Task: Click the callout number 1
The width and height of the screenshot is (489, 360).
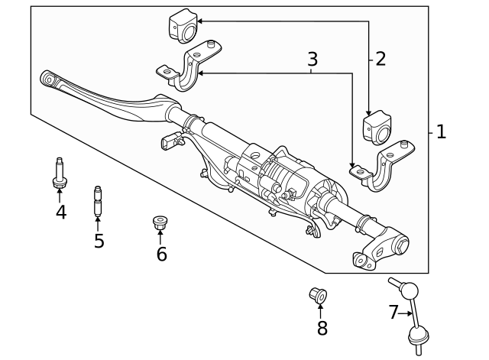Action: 441,131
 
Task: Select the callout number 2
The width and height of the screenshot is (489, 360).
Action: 381,58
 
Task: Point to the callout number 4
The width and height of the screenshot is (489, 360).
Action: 60,212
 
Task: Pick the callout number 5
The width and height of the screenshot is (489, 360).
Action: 99,241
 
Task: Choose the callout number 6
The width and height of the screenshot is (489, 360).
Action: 161,254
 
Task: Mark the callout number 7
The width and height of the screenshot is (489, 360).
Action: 393,312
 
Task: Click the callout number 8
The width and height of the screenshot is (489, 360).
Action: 322,328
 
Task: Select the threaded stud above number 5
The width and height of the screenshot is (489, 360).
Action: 98,201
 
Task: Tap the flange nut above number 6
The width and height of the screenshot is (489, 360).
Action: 160,224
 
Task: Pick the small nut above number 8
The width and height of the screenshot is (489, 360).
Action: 317,294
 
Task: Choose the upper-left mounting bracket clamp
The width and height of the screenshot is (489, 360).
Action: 189,66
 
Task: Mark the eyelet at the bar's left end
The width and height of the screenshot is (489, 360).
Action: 50,79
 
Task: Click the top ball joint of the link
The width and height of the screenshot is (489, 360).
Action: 409,290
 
